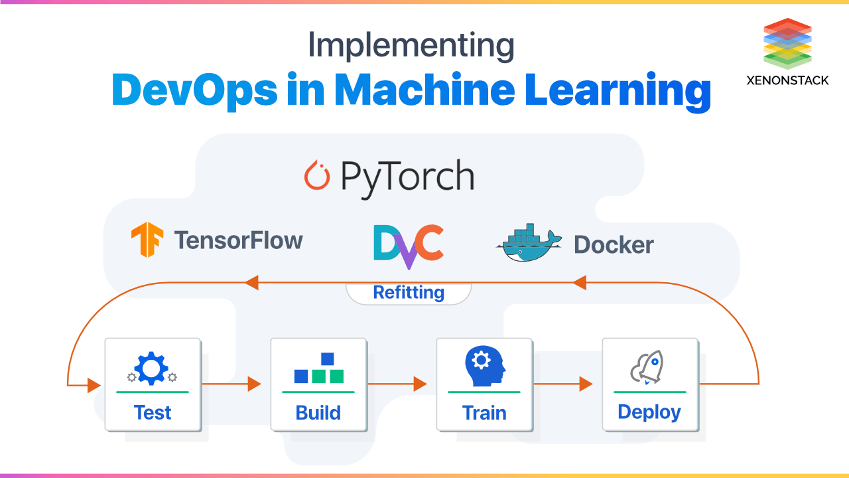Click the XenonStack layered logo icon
tap(787, 43)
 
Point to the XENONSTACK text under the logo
tap(787, 80)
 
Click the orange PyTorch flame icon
tap(316, 175)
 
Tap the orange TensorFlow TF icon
tap(147, 240)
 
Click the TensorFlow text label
tap(238, 240)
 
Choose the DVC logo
tap(408, 246)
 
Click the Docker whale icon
tap(528, 243)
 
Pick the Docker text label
tap(614, 245)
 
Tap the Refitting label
tap(409, 292)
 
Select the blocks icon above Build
tap(318, 368)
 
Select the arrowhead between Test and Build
tap(254, 384)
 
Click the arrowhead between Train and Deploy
tap(585, 384)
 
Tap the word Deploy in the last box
tap(649, 412)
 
